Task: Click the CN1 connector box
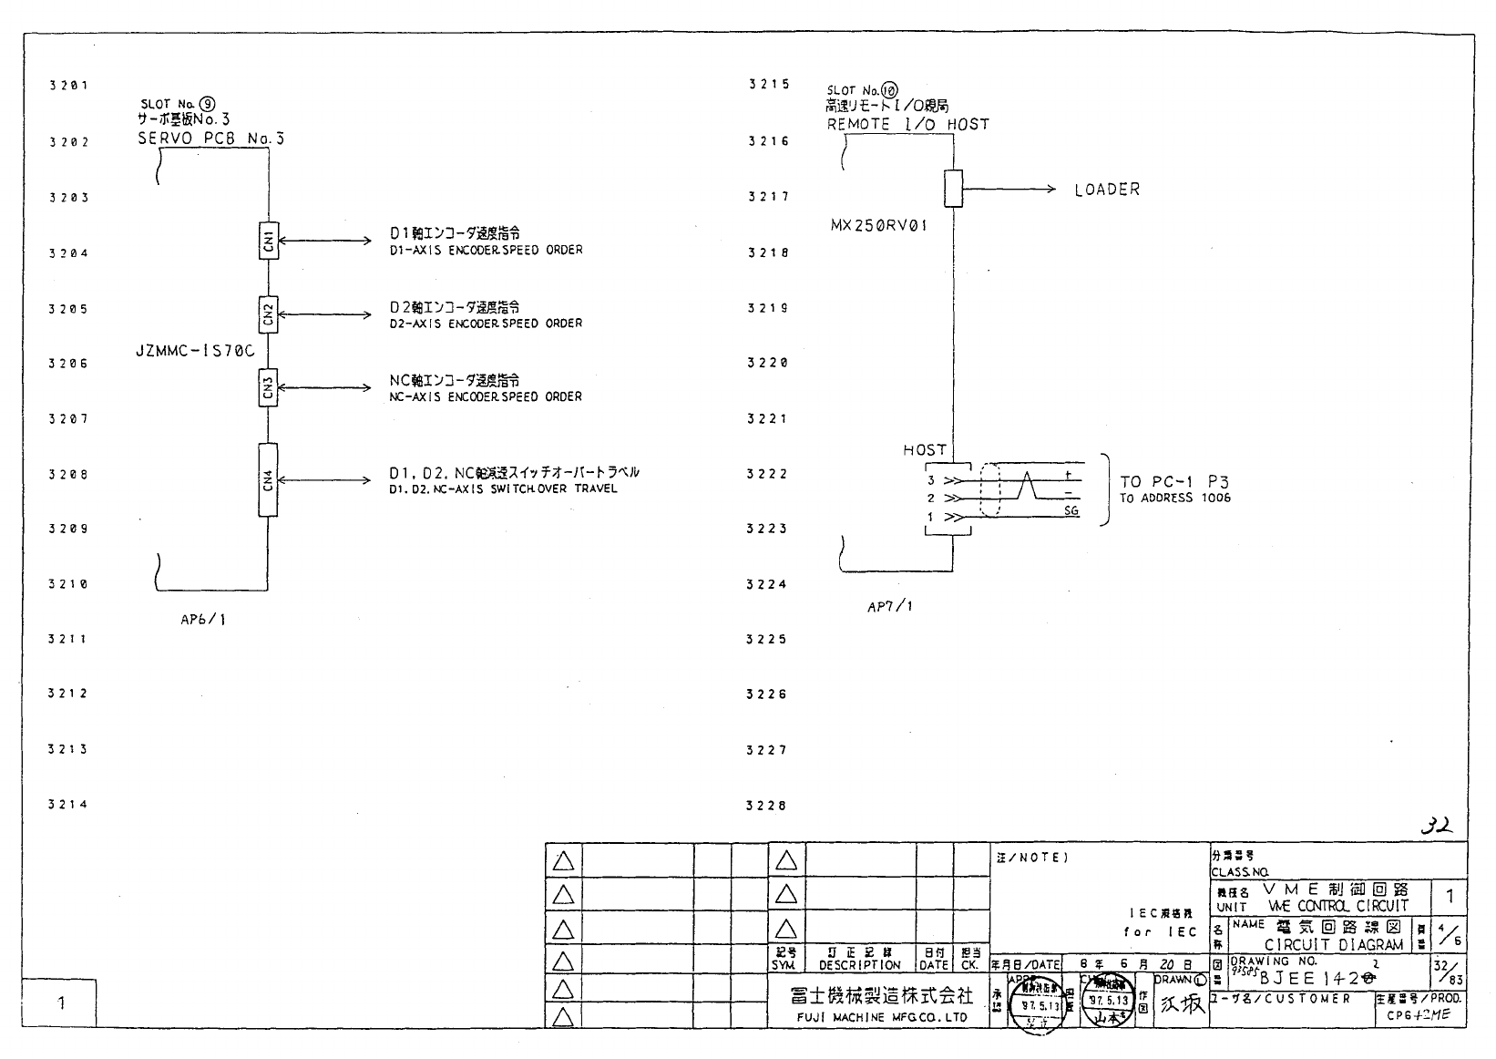(x=268, y=241)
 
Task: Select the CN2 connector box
(x=268, y=314)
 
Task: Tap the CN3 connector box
(x=268, y=387)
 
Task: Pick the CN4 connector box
(x=268, y=480)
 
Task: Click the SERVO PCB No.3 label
(x=210, y=139)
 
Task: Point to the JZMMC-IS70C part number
(x=196, y=350)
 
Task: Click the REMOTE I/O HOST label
(x=907, y=125)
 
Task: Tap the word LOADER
(x=1107, y=190)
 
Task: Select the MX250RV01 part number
(x=879, y=225)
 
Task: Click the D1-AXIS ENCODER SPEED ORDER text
(x=486, y=250)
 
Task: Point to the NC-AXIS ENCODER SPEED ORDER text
(x=486, y=397)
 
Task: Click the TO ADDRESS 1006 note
(x=1175, y=499)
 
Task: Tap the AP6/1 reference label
(x=203, y=620)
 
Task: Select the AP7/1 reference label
(x=889, y=606)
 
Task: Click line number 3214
(x=68, y=805)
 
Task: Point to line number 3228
(x=766, y=806)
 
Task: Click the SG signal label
(x=1071, y=511)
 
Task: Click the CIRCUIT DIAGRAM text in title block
(x=1333, y=945)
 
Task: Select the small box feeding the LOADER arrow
(x=953, y=189)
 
